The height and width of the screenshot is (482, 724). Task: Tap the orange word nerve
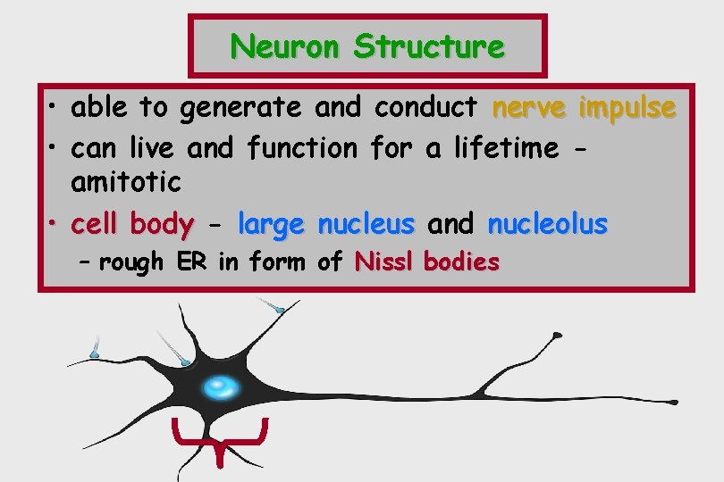(530, 107)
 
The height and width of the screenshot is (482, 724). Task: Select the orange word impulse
(627, 108)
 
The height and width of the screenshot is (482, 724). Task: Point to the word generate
(240, 108)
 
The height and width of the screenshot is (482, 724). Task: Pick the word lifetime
(507, 146)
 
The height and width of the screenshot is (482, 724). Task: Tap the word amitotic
(125, 182)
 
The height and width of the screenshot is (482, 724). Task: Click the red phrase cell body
(132, 224)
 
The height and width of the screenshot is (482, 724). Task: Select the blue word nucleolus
(547, 224)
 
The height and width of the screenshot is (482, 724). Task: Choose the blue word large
(271, 225)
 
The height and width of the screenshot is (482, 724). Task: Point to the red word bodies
(461, 262)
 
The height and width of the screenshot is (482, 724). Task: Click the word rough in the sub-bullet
(131, 262)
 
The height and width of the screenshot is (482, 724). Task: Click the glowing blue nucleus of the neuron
(220, 386)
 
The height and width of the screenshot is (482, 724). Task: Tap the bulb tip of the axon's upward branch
(558, 336)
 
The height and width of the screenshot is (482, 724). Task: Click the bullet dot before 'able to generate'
(55, 108)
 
